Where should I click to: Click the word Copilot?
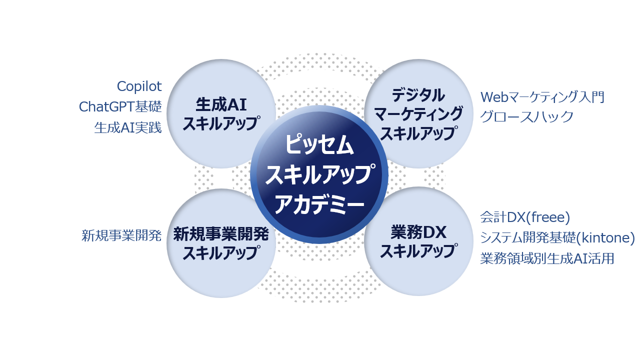[139, 86]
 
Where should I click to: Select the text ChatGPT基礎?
[120, 107]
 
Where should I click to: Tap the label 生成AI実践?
[128, 128]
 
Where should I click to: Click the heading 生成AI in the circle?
[221, 105]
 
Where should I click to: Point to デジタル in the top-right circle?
[418, 94]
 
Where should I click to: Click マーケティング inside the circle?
[418, 114]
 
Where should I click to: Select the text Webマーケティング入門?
[542, 97]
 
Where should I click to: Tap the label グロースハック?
[527, 117]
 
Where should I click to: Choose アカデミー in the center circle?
[319, 203]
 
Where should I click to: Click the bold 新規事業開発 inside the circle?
[221, 233]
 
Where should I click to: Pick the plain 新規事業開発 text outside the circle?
[121, 235]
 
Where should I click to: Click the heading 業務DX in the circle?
[418, 232]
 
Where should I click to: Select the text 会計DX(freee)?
[525, 217]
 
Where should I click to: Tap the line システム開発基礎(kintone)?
[557, 238]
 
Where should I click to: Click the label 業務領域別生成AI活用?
[547, 258]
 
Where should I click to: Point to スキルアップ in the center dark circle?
[319, 174]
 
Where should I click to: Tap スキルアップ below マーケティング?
[418, 133]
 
